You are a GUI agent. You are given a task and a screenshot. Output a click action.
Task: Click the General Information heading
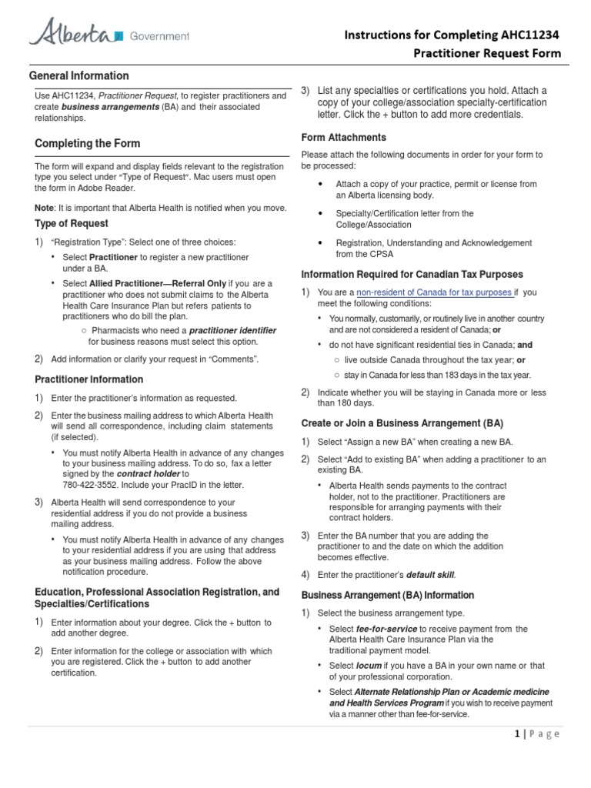pos(78,75)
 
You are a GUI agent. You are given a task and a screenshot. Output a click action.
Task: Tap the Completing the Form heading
pos(88,143)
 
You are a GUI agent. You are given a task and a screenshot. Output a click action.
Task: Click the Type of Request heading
pos(72,223)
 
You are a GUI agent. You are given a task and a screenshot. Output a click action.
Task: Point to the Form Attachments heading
pos(343,137)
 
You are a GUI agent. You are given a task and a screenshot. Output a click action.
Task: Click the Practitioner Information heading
pos(89,379)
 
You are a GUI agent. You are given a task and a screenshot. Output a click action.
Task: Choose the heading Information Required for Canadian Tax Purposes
pos(412,274)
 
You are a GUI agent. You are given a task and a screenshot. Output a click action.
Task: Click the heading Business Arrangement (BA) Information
pos(387,595)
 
